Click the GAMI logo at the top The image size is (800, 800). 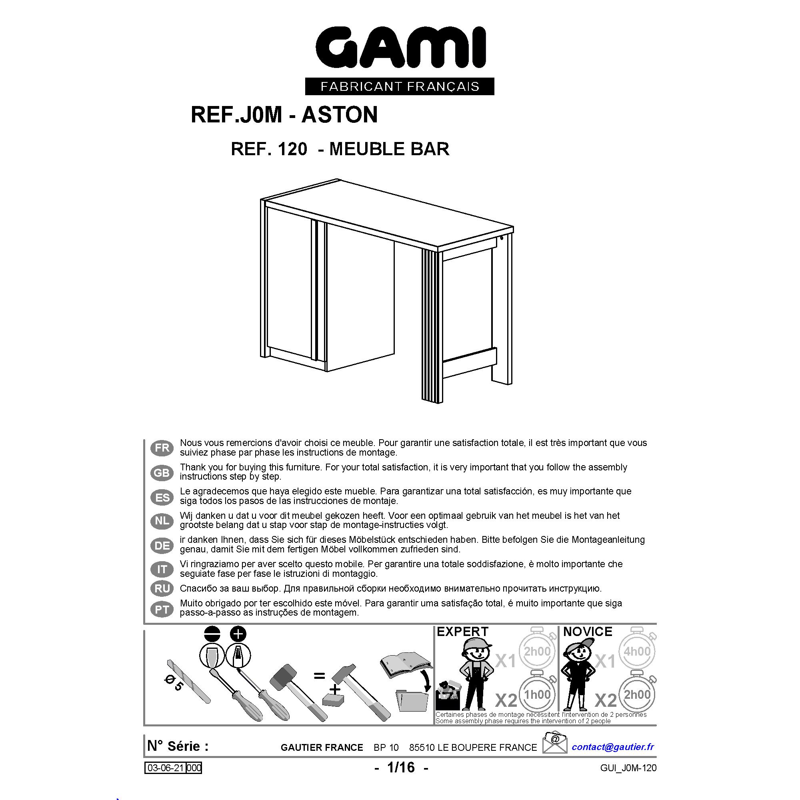[400, 47]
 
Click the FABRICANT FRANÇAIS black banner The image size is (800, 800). [400, 86]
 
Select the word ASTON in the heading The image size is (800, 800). [340, 115]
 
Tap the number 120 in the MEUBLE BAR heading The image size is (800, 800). [292, 149]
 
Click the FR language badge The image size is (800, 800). [162, 448]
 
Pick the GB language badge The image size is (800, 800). [162, 472]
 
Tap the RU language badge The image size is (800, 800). [162, 588]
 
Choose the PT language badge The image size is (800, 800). [162, 609]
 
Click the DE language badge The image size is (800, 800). [162, 545]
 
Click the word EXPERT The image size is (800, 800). [462, 632]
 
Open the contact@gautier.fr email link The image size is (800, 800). [613, 746]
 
